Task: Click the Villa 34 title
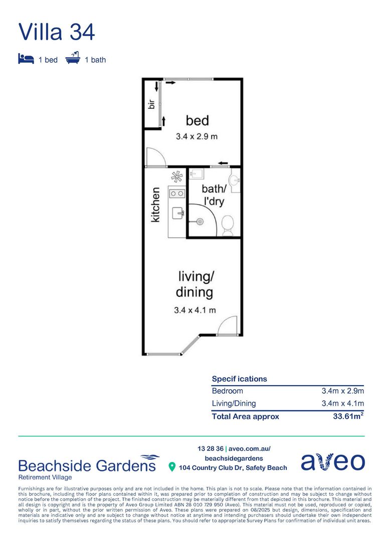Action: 56,32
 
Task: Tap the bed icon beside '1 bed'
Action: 26,59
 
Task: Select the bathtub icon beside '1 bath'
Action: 73,58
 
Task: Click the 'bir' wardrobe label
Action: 151,104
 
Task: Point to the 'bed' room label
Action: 197,120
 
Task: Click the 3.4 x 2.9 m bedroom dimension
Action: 197,136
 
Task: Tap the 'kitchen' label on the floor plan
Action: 155,204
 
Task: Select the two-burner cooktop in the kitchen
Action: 177,193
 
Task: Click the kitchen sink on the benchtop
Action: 178,213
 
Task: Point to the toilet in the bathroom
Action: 227,225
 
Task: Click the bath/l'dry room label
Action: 214,195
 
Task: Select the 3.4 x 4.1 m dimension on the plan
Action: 195,310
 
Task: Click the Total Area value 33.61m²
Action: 348,416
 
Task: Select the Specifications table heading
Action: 239,379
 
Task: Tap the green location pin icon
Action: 171,467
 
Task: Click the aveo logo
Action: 333,461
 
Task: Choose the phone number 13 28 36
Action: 211,449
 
